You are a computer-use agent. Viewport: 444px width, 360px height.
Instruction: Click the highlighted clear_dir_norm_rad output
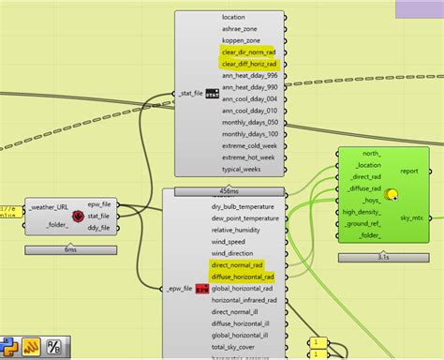[248, 52]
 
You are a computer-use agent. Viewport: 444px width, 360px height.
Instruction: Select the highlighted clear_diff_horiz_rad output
[248, 64]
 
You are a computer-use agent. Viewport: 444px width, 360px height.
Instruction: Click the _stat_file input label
[190, 93]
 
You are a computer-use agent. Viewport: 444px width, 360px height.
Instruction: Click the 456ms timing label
[229, 190]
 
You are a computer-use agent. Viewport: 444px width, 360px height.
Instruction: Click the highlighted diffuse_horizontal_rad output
[243, 277]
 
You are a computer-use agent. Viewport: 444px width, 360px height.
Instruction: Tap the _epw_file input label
[177, 289]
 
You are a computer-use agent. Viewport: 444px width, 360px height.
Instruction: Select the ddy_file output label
[98, 227]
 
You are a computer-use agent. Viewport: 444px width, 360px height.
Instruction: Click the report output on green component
[409, 172]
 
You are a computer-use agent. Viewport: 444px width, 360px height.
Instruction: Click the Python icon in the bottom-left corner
[9, 344]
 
